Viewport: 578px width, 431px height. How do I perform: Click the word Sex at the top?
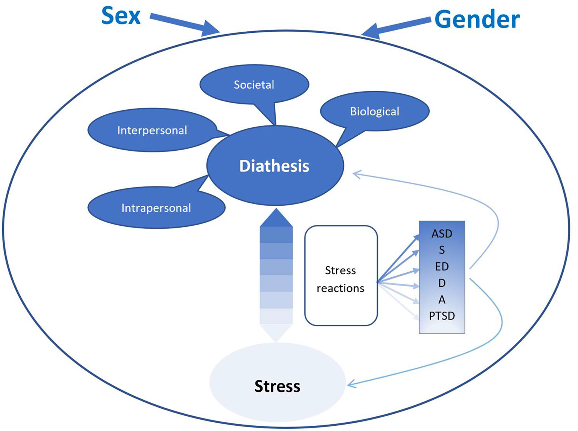121,17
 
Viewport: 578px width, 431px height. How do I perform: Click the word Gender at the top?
477,20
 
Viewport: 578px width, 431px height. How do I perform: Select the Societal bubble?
254,85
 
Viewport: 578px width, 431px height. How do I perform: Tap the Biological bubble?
374,112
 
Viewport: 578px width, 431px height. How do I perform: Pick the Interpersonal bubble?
152,130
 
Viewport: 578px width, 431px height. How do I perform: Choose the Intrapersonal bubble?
156,208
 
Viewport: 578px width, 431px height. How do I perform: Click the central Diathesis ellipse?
275,166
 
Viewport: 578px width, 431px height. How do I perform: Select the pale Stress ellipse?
277,386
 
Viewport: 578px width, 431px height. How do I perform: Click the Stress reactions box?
340,279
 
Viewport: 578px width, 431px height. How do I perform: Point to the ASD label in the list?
442,234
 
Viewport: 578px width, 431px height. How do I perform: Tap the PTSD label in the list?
442,316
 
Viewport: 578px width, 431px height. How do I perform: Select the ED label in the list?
442,267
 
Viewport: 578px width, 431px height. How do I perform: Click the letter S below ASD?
442,250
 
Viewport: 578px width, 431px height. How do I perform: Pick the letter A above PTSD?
442,300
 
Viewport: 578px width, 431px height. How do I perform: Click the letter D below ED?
442,283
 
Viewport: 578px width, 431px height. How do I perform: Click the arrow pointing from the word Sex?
185,24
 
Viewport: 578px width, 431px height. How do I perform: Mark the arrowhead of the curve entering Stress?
351,385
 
